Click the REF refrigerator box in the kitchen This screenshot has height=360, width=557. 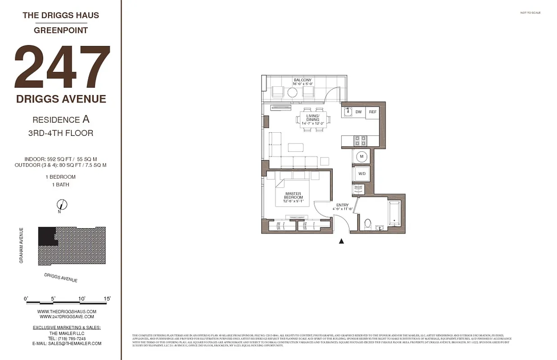click(x=372, y=112)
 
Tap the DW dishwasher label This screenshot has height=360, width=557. click(x=358, y=112)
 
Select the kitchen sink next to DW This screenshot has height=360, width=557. click(x=348, y=112)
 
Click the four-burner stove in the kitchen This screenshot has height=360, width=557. click(x=360, y=141)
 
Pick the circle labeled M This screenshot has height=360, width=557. click(x=361, y=157)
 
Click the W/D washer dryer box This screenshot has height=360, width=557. click(x=362, y=173)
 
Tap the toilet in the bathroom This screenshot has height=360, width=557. click(x=367, y=223)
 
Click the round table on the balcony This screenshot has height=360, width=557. click(x=292, y=93)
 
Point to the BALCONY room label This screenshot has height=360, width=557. click(x=303, y=80)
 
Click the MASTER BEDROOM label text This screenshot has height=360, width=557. click(x=293, y=195)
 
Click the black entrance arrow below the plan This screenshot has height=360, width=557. click(x=341, y=242)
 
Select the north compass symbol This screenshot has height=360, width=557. click(x=62, y=205)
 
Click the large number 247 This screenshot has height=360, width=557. click(x=62, y=67)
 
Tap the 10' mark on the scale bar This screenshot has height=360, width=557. click(x=82, y=298)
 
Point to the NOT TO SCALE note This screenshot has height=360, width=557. click(x=530, y=13)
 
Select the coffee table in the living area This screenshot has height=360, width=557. click(x=296, y=147)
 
